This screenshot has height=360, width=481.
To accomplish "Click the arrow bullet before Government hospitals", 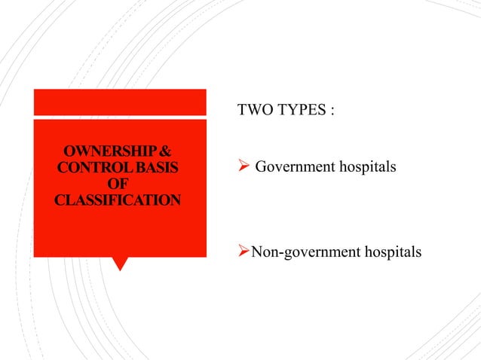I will click(x=243, y=166).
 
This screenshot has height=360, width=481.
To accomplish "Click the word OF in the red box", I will click(x=118, y=183).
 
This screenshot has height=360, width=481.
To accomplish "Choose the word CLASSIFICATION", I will click(x=118, y=200).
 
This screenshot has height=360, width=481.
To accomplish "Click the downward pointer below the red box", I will click(x=119, y=264).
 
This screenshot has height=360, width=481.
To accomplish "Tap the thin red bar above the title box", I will click(x=119, y=102).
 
